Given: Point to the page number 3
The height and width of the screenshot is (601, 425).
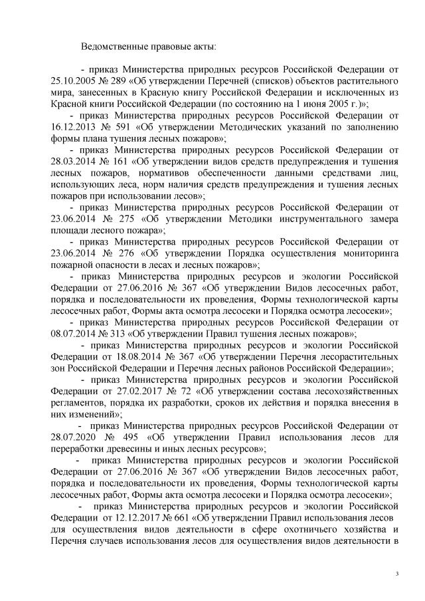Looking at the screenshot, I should click(396, 574).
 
